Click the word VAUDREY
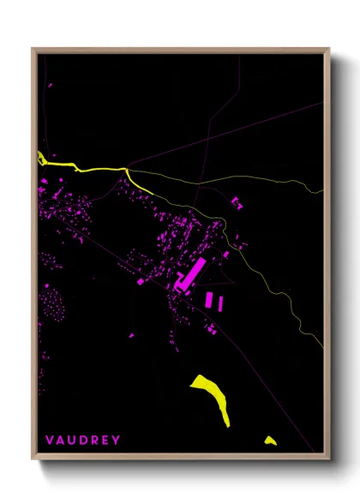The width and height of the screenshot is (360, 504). (x=83, y=440)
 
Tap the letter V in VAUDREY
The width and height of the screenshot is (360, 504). (x=50, y=440)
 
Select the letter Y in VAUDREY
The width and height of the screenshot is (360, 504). (x=117, y=440)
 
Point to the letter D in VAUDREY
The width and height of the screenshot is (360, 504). (x=83, y=440)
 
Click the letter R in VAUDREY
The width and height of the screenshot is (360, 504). (x=94, y=440)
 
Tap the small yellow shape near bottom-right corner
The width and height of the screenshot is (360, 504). (x=270, y=441)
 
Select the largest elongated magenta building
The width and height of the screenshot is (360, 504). (x=189, y=275)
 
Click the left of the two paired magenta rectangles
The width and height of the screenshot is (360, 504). (x=208, y=299)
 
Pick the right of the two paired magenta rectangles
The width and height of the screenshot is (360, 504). (x=219, y=302)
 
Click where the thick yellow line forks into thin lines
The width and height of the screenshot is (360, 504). (x=129, y=171)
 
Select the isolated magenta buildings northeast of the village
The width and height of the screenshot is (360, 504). (x=237, y=202)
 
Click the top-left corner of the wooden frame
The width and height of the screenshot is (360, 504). (x=33, y=49)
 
